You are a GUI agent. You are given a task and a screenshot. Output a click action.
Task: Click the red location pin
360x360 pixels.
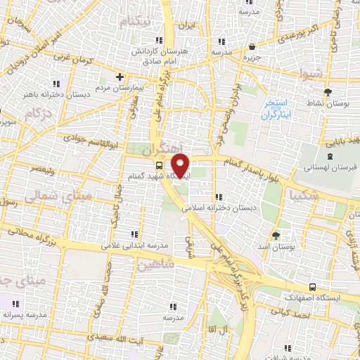[x=181, y=165]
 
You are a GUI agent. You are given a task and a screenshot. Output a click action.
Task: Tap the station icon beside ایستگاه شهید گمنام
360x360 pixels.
[x=159, y=165]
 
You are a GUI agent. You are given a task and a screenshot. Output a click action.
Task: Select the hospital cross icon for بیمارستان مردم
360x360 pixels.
[x=120, y=77]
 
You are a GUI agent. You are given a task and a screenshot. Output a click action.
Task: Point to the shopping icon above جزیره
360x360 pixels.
[x=252, y=46]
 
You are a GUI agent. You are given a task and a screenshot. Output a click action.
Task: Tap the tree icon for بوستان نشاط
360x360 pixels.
[x=327, y=91]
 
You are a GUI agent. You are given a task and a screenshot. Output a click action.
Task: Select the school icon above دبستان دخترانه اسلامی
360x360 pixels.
[x=218, y=197]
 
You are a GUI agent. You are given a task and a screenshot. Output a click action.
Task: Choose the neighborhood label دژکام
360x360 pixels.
[x=37, y=112]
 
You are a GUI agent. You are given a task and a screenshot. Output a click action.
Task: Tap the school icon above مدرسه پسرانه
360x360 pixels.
[x=14, y=304]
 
